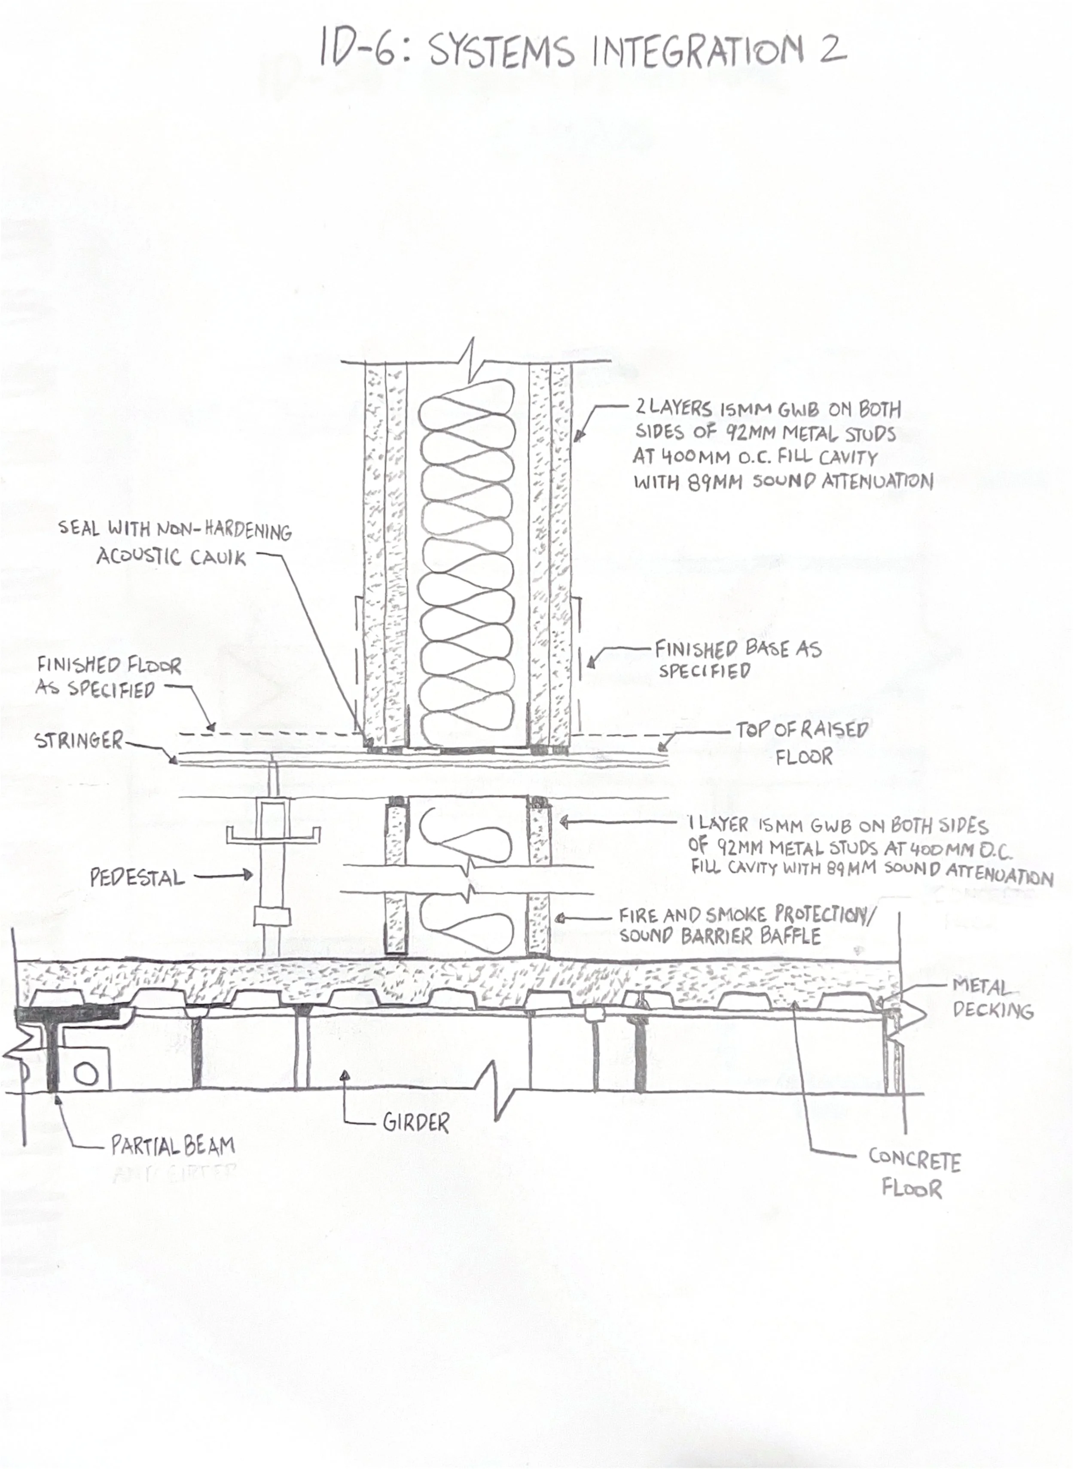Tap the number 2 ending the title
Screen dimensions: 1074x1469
pos(832,49)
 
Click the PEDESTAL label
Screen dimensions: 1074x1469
pos(137,878)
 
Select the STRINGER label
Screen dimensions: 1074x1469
pos(78,740)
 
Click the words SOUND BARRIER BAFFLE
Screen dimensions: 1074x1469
pos(720,936)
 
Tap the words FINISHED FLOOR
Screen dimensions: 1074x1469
pos(109,665)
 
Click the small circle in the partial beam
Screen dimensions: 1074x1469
pos(86,1075)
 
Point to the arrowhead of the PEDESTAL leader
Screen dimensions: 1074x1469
pos(249,876)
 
